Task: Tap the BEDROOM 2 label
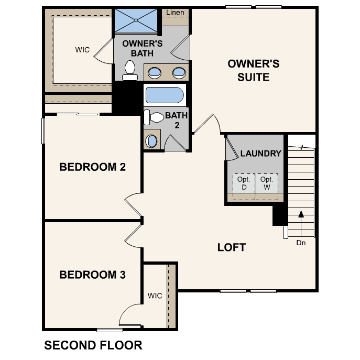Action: click(93, 167)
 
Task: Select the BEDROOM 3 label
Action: click(93, 275)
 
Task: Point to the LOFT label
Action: click(232, 247)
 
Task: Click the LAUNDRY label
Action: click(261, 154)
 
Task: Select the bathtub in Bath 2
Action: click(164, 96)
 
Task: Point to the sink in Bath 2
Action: click(152, 140)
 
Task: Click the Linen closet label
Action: click(174, 12)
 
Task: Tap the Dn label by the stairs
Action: click(301, 243)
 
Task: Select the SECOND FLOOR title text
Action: click(93, 345)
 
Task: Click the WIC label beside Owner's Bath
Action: click(82, 50)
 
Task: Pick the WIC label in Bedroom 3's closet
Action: click(155, 296)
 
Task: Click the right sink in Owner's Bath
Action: click(179, 72)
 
